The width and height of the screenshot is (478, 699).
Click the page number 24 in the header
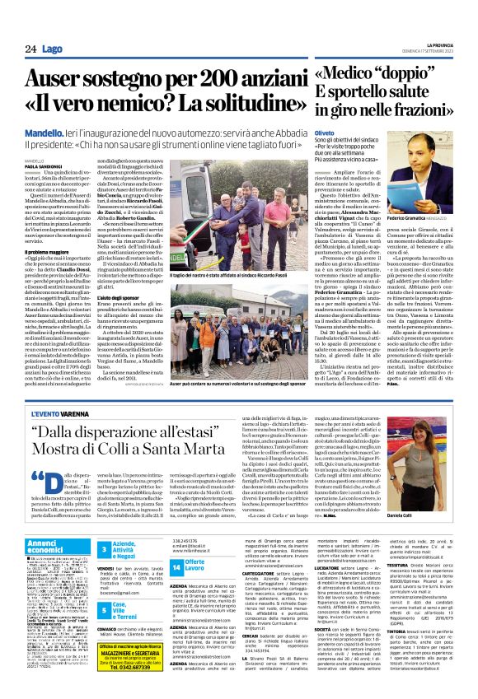[x=30, y=49]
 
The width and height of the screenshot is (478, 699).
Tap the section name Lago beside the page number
[x=52, y=49]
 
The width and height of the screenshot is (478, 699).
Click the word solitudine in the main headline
[x=228, y=106]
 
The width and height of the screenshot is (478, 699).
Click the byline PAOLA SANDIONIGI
[x=43, y=165]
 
